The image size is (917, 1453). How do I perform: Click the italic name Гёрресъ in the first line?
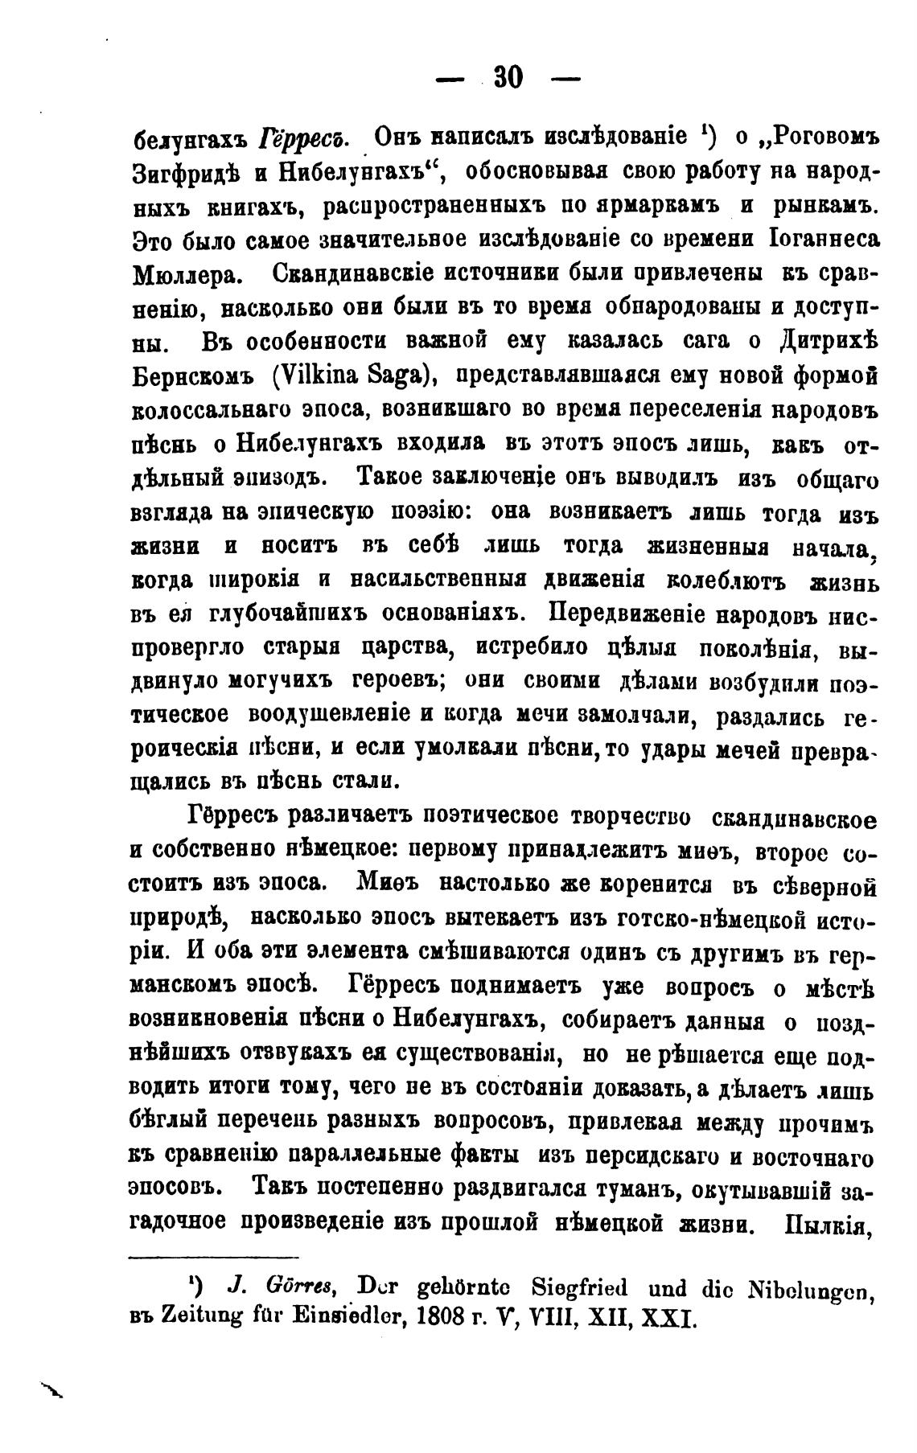(x=302, y=138)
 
